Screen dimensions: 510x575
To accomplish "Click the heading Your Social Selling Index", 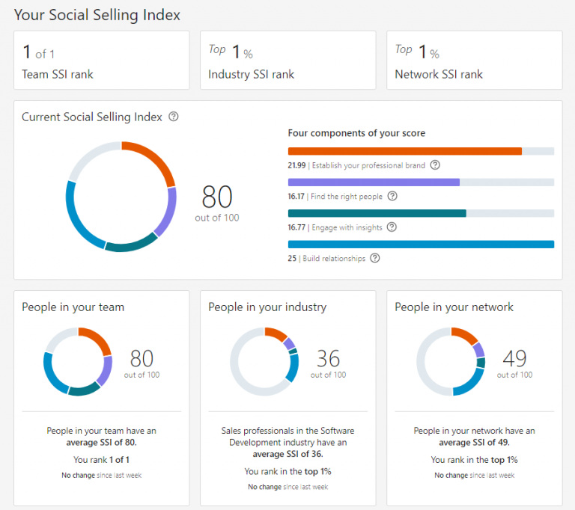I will [97, 15].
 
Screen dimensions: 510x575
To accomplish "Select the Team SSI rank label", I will [58, 74].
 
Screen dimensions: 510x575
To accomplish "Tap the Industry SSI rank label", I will [251, 74].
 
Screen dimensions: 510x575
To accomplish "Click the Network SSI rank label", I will [439, 74].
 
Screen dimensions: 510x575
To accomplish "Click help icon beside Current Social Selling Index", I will [174, 117].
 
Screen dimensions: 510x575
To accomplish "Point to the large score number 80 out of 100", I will [217, 197].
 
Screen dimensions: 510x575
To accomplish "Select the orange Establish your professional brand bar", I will [404, 151].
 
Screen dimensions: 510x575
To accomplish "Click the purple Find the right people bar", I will [374, 182].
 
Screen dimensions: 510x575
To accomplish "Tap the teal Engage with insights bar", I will [377, 213].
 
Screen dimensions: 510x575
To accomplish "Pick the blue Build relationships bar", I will [421, 244].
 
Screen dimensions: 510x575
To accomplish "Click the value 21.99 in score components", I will [297, 165].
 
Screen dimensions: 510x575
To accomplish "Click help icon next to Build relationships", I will [375, 259].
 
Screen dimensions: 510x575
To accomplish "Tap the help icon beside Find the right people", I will [392, 197].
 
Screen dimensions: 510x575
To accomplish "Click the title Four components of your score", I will [356, 133].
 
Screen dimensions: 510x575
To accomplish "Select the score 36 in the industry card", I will [328, 358].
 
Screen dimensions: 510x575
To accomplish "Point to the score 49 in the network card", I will [514, 358].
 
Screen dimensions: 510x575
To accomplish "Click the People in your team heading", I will [73, 307].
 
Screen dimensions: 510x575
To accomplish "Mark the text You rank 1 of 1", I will [101, 460].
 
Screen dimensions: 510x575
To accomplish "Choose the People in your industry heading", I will [267, 307].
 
